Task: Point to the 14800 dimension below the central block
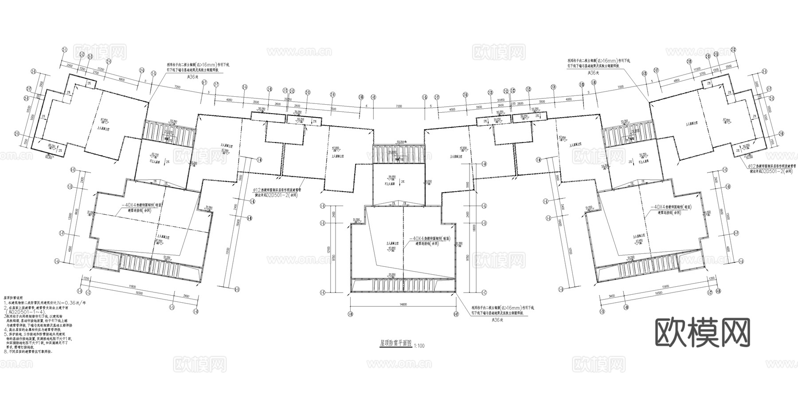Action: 403,304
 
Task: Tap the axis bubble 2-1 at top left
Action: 64,50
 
